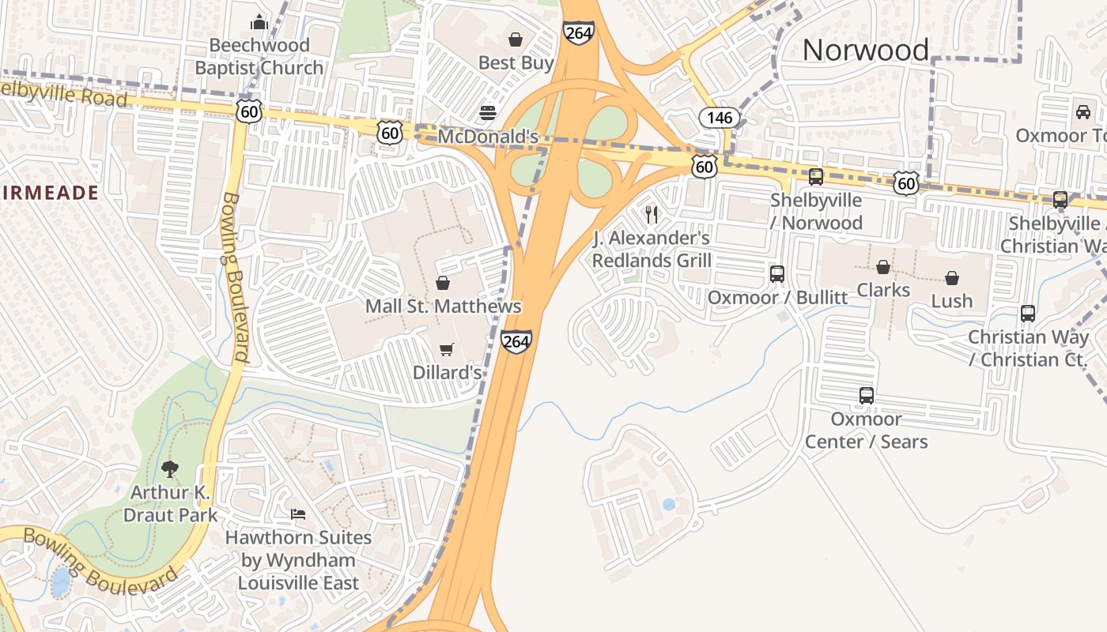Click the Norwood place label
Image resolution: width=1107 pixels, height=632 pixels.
click(x=866, y=50)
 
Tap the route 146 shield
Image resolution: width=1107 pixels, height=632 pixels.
click(x=719, y=118)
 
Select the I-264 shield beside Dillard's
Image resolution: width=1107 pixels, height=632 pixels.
click(x=516, y=341)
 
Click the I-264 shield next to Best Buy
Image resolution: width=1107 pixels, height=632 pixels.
click(x=579, y=32)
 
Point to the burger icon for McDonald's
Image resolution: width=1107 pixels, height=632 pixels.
click(x=488, y=112)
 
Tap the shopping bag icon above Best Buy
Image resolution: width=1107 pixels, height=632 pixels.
click(x=516, y=39)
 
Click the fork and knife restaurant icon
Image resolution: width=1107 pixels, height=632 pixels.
click(x=652, y=213)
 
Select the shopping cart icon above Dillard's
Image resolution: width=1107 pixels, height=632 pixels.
click(x=447, y=349)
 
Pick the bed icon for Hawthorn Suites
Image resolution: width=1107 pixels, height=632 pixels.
click(x=297, y=514)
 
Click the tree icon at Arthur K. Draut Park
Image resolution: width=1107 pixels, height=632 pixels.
click(x=170, y=469)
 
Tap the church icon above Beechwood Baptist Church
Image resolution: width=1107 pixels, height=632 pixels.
click(x=259, y=22)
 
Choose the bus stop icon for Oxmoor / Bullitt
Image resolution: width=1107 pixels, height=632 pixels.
click(x=777, y=274)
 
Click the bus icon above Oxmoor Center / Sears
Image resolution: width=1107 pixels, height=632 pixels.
click(x=867, y=396)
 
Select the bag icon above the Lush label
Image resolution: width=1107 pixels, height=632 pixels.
click(x=952, y=277)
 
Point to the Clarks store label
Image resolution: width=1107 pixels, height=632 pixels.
click(x=883, y=290)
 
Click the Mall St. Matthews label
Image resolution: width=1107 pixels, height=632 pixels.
click(x=443, y=306)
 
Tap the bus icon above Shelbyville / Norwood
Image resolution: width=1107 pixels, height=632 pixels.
click(x=816, y=177)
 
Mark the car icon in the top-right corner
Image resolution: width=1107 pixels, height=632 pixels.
click(x=1082, y=112)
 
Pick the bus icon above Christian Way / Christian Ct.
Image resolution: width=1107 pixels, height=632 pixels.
click(x=1028, y=314)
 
